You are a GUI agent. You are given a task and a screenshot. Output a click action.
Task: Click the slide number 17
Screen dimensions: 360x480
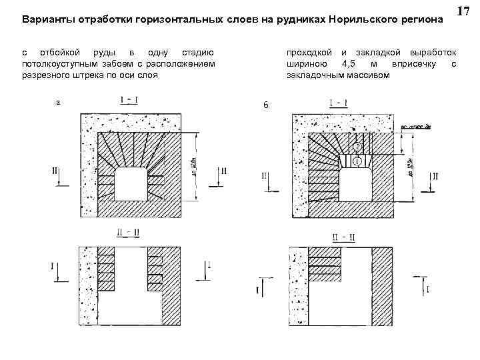tap(464, 11)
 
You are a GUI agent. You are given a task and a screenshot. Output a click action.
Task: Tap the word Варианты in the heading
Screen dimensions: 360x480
tap(48, 20)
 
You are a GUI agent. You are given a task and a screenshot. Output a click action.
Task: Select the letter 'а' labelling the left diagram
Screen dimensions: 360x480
tap(59, 103)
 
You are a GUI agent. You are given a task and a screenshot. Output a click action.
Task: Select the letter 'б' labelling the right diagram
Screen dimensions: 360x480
tap(265, 106)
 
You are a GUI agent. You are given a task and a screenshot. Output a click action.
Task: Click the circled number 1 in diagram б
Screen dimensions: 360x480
tap(357, 161)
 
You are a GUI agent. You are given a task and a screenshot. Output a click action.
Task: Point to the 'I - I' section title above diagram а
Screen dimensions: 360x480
tap(129, 101)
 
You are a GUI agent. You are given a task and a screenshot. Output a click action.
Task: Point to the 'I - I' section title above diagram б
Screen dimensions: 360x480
tap(339, 102)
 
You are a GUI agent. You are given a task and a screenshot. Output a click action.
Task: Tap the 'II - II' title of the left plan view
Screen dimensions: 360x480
tap(127, 232)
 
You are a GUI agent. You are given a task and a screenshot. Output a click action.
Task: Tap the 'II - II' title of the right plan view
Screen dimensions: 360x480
tap(343, 237)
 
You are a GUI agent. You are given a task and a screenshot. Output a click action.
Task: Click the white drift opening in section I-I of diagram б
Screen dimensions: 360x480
tap(355, 183)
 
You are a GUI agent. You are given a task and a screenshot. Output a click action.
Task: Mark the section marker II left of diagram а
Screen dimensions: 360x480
tap(55, 171)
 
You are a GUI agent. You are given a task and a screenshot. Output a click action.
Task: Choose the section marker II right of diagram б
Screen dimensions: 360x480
tap(435, 176)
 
